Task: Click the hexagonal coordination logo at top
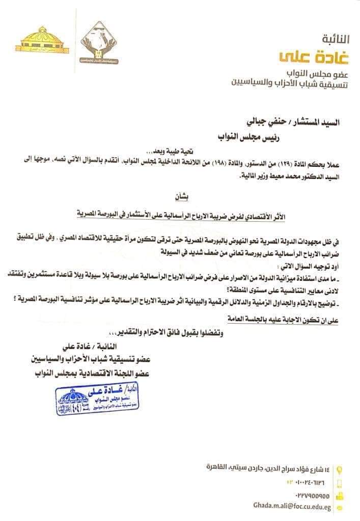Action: (101, 43)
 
